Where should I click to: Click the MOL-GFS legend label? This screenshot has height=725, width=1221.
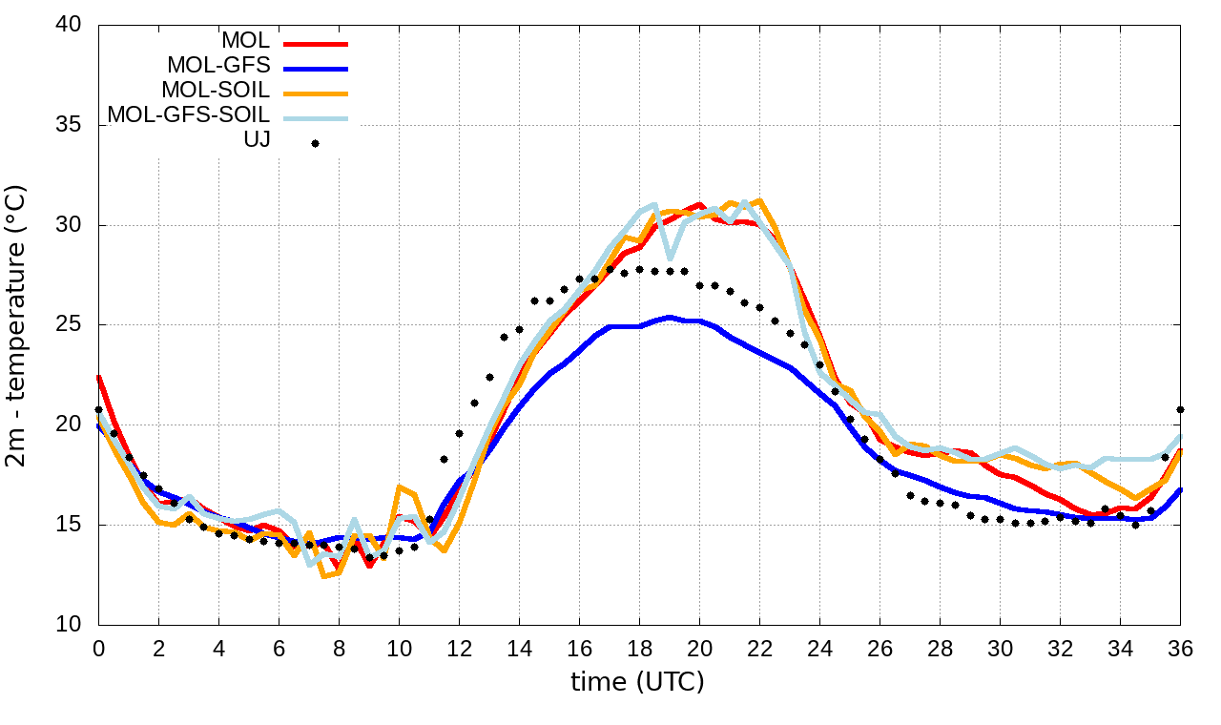tap(218, 66)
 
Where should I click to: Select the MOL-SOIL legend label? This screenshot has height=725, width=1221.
tap(216, 91)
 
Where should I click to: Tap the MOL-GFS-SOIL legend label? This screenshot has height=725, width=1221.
tap(188, 115)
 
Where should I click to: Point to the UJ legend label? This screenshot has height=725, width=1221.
tap(257, 140)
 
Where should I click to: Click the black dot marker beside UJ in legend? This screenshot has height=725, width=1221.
tap(315, 144)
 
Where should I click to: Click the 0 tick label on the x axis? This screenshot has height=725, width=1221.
tap(98, 647)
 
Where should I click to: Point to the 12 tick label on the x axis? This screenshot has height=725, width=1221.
tap(459, 647)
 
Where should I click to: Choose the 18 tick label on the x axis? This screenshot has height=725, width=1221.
tap(639, 647)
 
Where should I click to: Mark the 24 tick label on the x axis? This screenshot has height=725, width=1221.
tap(819, 647)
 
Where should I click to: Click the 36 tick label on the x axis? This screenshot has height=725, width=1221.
tap(1181, 647)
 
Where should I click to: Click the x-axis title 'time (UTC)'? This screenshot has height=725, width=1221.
tap(637, 681)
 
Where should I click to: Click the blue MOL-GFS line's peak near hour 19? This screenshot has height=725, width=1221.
tap(670, 318)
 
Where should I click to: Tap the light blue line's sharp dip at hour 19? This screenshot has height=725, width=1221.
tap(670, 258)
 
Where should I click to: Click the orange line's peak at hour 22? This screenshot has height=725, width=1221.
tap(759, 200)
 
